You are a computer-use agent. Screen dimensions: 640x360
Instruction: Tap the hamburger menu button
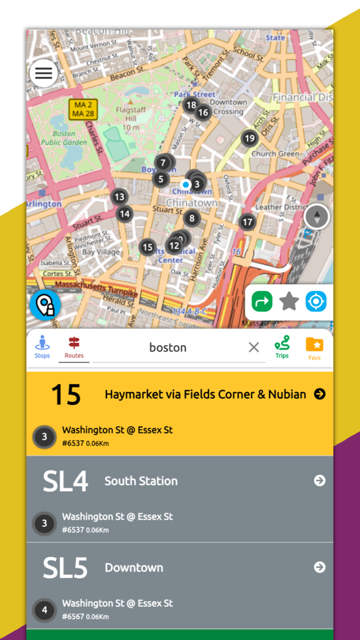pos(44,73)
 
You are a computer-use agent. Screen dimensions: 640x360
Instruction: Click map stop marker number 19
pos(249,138)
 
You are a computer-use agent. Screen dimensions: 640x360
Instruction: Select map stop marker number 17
pos(247,222)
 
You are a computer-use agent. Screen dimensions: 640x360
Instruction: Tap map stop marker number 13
pos(119,197)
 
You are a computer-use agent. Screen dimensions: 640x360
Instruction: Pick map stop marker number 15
pos(148,247)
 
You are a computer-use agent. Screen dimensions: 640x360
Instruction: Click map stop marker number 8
pos(192,218)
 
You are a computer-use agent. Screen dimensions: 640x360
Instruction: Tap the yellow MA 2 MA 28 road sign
pos(83,109)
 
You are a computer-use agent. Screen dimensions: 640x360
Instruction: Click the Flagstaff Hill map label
pos(126,113)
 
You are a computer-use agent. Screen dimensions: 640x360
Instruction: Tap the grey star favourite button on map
pos(289,301)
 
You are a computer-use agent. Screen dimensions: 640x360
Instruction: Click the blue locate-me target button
pos(316,301)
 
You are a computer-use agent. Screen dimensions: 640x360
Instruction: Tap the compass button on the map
pos(316,217)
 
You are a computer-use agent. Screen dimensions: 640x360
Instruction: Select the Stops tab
pos(42,346)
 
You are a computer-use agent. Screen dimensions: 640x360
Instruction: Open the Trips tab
pos(282,346)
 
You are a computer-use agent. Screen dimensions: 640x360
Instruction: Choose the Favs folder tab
pos(314,346)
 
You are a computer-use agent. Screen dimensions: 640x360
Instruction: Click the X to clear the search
pos(253,347)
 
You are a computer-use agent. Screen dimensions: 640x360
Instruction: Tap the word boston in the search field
pos(168,347)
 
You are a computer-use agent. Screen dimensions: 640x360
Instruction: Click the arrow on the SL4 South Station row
pos(320,480)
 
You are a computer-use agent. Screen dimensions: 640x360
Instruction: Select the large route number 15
pos(66,395)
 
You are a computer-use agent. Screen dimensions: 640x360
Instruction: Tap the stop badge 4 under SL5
pos(44,610)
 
